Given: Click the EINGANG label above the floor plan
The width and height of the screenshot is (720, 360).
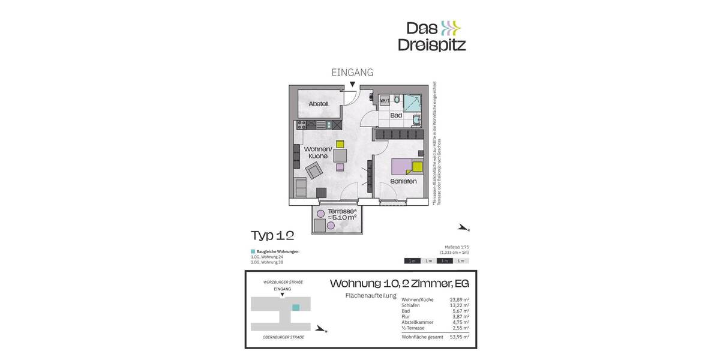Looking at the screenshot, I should [x=353, y=73].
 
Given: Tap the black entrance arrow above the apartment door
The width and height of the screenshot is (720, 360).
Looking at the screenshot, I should [x=352, y=85].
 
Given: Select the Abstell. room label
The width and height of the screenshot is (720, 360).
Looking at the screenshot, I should [x=319, y=104].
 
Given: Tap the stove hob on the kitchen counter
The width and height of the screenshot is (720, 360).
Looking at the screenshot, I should [x=302, y=125].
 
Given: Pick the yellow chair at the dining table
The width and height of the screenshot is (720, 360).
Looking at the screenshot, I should [x=340, y=143].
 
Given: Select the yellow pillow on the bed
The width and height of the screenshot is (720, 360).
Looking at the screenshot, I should [x=418, y=168].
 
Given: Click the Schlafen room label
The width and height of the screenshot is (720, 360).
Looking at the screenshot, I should [x=403, y=181].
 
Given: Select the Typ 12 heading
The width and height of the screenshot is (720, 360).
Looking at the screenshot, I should [x=272, y=235].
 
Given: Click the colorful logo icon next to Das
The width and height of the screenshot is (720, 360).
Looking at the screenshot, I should [x=450, y=28].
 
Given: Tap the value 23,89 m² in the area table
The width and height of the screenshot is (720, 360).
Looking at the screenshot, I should [x=459, y=299].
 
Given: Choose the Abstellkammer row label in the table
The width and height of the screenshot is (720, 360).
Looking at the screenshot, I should [x=418, y=322].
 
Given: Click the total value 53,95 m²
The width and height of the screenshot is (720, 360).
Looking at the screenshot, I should [x=459, y=337].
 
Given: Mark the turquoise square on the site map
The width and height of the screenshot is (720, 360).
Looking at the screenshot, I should [x=295, y=307].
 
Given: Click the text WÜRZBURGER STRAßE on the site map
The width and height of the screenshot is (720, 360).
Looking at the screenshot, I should [x=283, y=282].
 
